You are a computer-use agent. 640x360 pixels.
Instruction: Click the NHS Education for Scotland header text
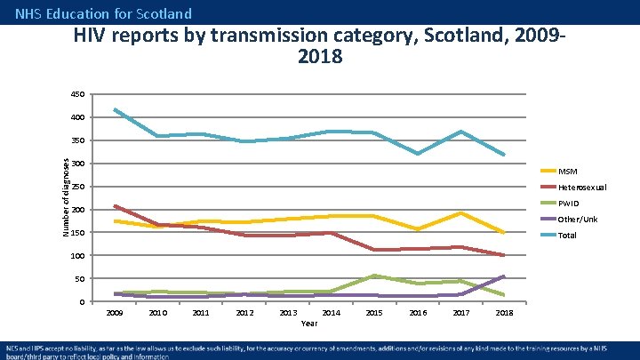tap(103, 13)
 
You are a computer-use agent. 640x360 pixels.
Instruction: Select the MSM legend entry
tap(566, 171)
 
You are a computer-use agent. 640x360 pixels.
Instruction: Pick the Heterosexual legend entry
tap(581, 187)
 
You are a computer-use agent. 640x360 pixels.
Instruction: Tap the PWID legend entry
tap(569, 203)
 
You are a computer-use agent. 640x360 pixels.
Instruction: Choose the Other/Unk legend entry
tap(576, 219)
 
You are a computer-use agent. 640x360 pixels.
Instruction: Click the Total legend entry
tap(567, 236)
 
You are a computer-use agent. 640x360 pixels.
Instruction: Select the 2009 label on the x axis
tap(115, 313)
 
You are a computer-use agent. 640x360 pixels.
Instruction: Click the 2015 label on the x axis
tap(374, 313)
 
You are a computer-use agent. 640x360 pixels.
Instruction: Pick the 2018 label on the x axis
tap(504, 313)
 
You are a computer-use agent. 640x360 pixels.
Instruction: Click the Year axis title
tap(309, 324)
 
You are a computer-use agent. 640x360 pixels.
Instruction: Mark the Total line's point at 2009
tap(115, 109)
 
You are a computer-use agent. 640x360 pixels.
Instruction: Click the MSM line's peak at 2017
tap(460, 212)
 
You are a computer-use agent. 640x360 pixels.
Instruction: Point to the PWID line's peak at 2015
tap(374, 276)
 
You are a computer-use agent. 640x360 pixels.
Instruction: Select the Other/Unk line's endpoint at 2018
tap(504, 276)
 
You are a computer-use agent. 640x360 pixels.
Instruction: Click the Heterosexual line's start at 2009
tap(115, 205)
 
